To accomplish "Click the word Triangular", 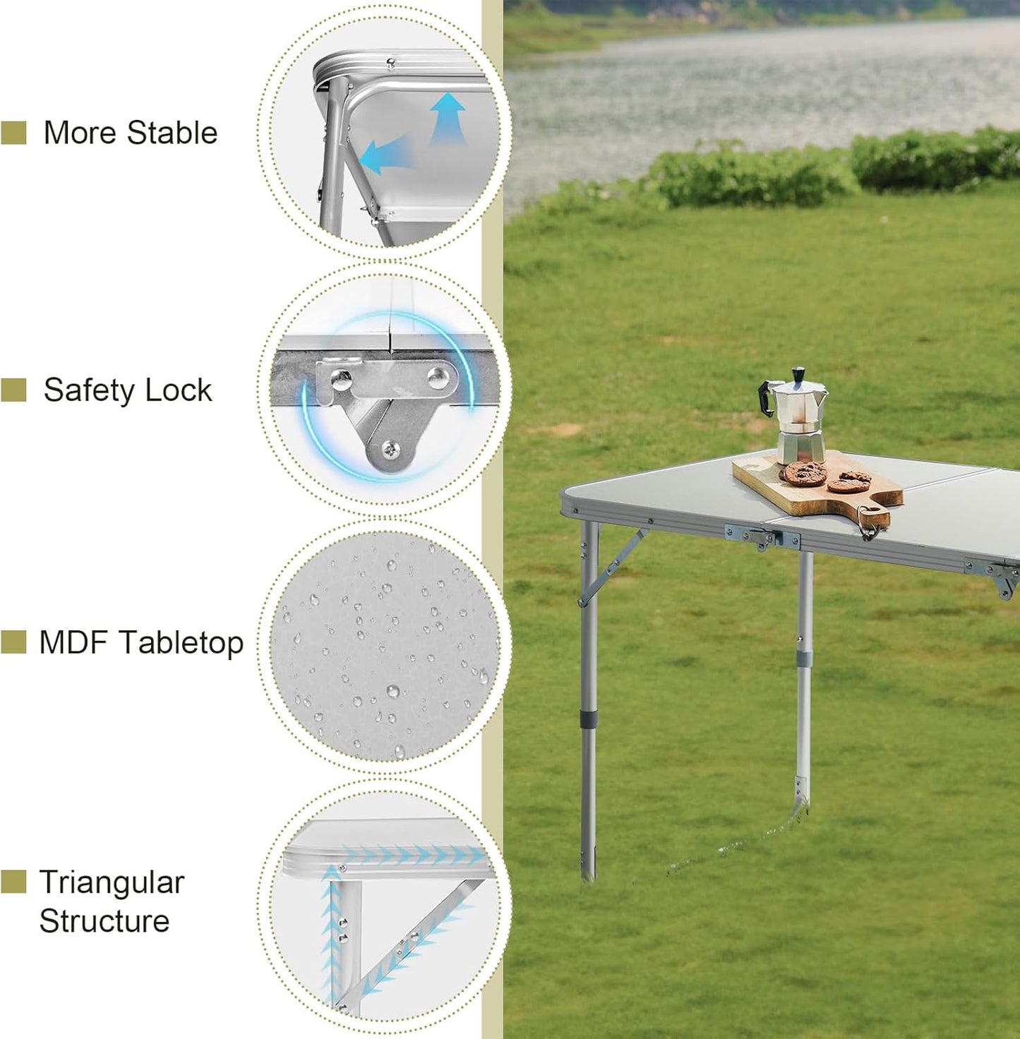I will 112,882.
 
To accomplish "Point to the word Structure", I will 104,921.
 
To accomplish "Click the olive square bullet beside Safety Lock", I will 13,390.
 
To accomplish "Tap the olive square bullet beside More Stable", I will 13,133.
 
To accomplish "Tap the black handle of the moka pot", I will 767,399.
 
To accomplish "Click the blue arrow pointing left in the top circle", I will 385,156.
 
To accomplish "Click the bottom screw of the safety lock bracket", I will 390,448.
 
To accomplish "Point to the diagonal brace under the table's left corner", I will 613,567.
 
